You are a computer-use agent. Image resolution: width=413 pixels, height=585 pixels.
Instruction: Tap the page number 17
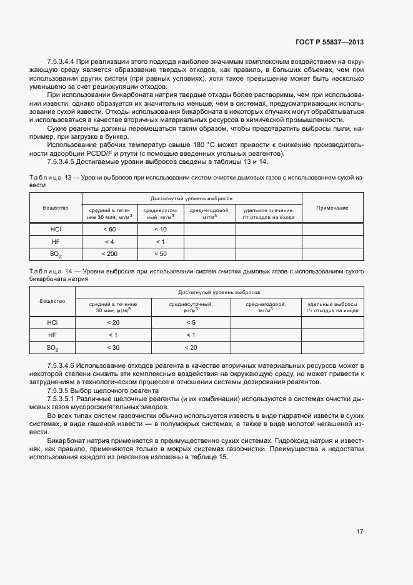click(360, 531)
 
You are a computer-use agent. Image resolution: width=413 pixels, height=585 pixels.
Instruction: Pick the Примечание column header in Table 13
click(332, 207)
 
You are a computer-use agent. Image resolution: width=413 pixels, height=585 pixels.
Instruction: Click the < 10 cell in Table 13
click(161, 229)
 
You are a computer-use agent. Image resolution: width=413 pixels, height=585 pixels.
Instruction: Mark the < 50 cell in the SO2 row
click(161, 253)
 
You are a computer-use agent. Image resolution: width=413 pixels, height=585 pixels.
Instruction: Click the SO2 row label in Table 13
click(56, 254)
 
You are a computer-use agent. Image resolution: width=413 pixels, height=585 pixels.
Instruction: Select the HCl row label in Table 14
click(52, 322)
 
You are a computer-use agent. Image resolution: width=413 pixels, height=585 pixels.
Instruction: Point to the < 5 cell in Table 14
click(191, 322)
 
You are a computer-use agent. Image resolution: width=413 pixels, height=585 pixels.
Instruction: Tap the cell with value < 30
click(113, 347)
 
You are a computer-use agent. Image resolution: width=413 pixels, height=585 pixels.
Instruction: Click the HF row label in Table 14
click(52, 335)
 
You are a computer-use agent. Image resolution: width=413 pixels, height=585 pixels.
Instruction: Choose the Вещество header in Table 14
click(52, 301)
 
